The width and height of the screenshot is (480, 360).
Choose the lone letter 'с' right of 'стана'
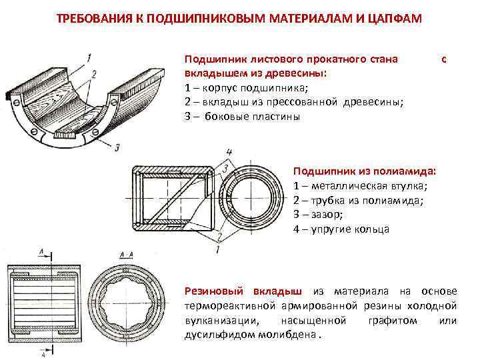coord(443,59)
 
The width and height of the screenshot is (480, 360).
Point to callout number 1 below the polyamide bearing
coord(217,249)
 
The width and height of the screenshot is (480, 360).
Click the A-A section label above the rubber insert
coord(125,255)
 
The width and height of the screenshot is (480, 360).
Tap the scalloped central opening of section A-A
coord(126,305)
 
